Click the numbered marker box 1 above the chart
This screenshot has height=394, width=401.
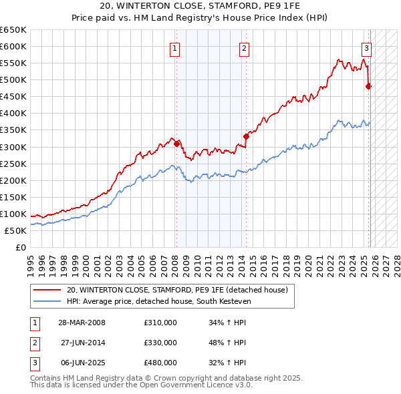(174, 47)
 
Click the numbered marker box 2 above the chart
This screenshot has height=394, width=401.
(245, 47)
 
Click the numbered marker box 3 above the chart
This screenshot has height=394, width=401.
(367, 47)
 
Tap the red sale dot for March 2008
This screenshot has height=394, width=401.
(176, 143)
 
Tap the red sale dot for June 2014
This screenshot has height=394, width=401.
(246, 136)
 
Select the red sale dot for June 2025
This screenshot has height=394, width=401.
(369, 86)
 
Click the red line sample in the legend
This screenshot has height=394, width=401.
(47, 290)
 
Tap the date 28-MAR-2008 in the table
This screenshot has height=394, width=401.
(82, 323)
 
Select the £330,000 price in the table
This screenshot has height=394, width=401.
(160, 343)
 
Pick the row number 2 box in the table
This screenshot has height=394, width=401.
(35, 343)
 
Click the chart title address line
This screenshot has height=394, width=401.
(200, 6)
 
